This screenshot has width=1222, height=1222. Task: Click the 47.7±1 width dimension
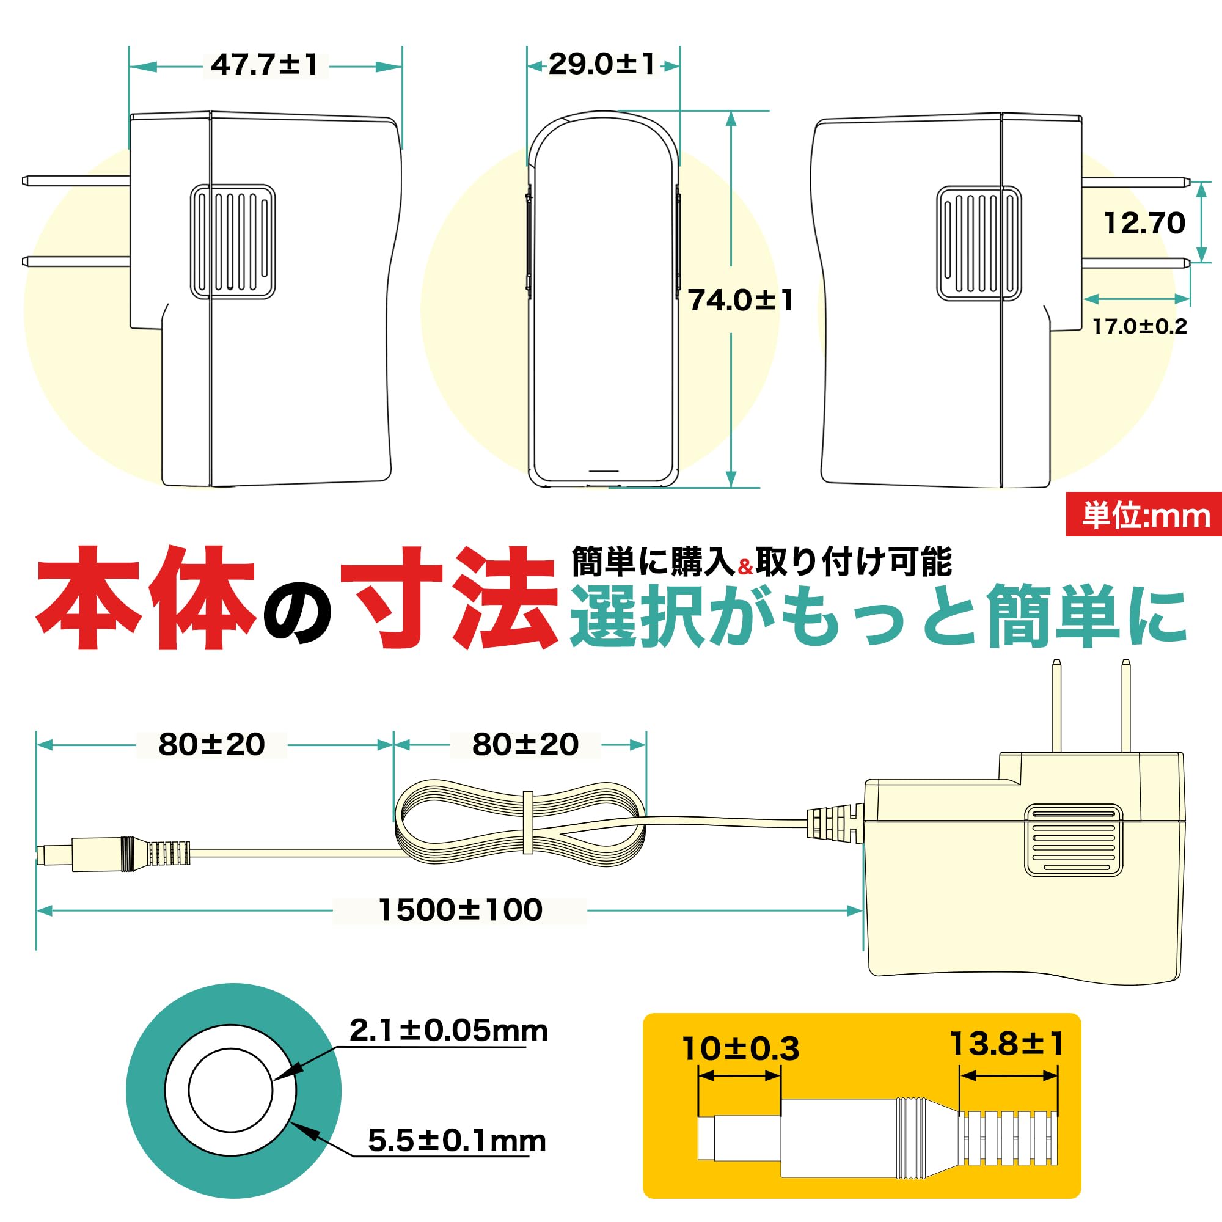tap(265, 65)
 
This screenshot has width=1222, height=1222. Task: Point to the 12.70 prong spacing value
tap(1144, 223)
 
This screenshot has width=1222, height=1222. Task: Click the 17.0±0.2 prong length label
tap(1140, 326)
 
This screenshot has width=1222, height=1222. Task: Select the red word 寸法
tap(449, 598)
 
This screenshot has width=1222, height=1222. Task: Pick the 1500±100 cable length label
tap(460, 910)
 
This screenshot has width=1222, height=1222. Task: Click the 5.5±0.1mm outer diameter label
tap(456, 1141)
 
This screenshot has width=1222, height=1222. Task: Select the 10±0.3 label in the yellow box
tap(740, 1049)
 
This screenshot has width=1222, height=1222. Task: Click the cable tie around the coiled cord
tap(527, 823)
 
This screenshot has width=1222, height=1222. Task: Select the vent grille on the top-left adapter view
tap(233, 241)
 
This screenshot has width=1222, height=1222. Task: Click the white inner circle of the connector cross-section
tap(230, 1091)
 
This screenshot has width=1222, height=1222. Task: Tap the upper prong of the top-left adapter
tap(76, 181)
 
